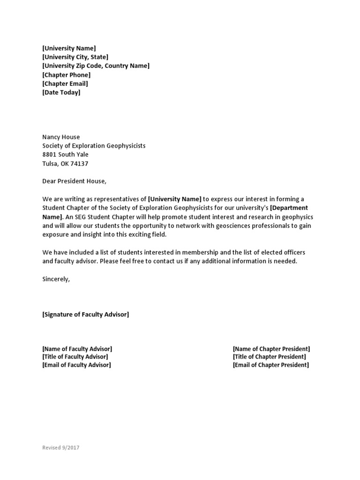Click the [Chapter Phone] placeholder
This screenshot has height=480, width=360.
(66, 75)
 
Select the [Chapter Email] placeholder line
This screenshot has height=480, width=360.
(65, 84)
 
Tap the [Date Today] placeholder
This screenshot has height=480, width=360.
(61, 93)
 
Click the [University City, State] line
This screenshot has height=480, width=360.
(75, 57)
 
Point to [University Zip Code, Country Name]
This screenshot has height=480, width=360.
(96, 66)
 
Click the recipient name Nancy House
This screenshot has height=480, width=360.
(61, 137)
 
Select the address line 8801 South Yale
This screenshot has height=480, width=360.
(65, 155)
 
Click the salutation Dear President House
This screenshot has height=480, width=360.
(75, 181)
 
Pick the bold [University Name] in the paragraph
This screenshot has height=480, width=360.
(174, 199)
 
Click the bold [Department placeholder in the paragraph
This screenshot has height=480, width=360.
(289, 208)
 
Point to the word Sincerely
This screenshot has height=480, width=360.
(56, 279)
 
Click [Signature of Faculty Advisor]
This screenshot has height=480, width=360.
(85, 315)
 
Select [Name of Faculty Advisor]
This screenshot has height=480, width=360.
(77, 349)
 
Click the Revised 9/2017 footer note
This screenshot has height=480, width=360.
(61, 448)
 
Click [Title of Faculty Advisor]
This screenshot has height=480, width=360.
(75, 357)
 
